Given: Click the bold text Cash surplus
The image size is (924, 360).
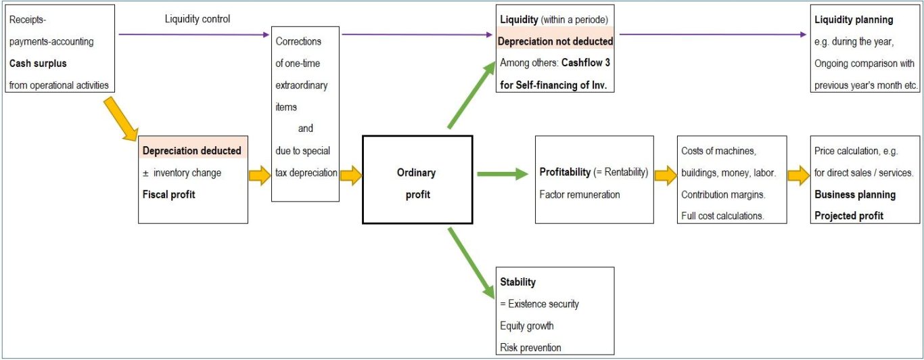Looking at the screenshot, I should (x=38, y=64).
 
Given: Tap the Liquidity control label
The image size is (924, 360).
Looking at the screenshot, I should (x=198, y=19).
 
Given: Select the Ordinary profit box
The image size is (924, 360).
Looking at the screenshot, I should (x=417, y=179).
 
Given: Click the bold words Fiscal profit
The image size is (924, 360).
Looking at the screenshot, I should (x=169, y=195).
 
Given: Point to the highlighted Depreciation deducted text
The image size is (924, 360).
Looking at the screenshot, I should (x=192, y=151).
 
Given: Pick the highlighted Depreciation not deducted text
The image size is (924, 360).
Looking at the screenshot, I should (x=555, y=41).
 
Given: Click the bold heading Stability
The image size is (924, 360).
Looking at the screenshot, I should (x=518, y=282).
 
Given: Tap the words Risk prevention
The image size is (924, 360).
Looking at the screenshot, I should (x=531, y=348).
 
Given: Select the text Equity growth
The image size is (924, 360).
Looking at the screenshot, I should (x=528, y=326).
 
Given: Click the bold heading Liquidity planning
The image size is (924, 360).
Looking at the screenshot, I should (x=854, y=20).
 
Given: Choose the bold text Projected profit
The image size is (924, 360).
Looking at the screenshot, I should (x=848, y=216).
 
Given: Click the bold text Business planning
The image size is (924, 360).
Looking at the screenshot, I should (x=854, y=194).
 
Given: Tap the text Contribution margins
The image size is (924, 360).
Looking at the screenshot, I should (x=722, y=194).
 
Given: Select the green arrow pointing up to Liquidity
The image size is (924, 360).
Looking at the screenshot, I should (x=471, y=95).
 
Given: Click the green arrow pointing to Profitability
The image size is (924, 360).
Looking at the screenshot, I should (x=502, y=175).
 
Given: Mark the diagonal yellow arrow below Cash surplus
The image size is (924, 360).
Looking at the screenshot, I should (x=122, y=118).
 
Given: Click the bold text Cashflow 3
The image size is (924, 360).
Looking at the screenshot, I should (x=587, y=63).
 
